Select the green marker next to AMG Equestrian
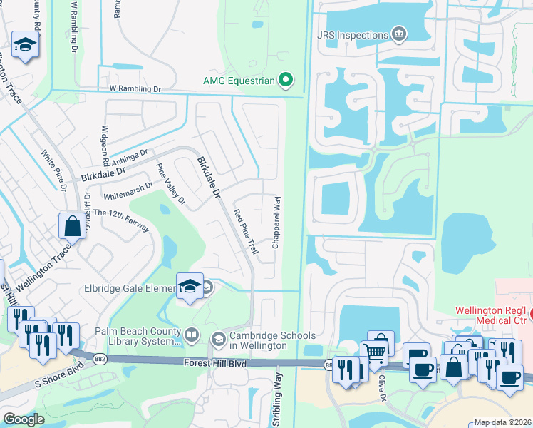286,81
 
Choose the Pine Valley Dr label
170,185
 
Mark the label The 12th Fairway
121,220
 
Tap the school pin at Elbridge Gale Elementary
190,286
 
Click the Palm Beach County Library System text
138,335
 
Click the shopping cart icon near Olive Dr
375,350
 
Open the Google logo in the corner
24,419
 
